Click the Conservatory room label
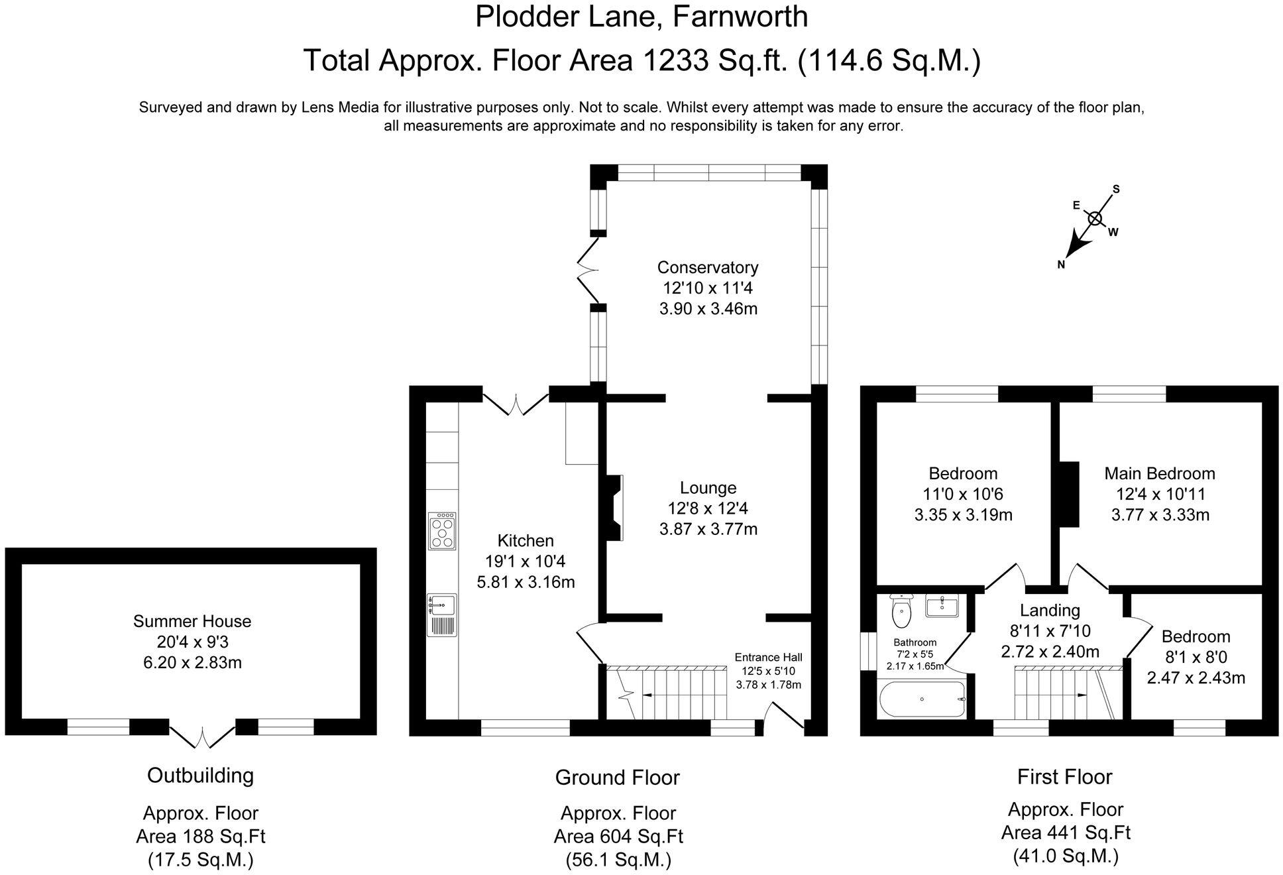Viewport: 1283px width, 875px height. [708, 267]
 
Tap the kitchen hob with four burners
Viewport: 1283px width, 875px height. [442, 531]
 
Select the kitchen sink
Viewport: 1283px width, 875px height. [442, 614]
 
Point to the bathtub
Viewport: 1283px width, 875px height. [922, 699]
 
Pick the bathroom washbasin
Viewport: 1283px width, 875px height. [942, 606]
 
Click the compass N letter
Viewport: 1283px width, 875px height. [1061, 264]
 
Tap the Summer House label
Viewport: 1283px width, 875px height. [192, 621]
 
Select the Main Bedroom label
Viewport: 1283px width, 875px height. [1160, 473]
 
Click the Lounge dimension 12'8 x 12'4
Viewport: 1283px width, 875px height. [708, 508]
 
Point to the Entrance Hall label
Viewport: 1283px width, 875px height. [768, 657]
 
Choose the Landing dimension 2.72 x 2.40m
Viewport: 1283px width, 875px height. [1050, 652]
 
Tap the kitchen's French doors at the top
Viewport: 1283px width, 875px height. [516, 404]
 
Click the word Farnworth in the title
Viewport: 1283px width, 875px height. [740, 17]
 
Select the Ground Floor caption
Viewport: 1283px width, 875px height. [617, 777]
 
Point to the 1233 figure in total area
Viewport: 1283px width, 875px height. [673, 61]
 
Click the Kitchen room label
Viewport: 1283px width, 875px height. [526, 540]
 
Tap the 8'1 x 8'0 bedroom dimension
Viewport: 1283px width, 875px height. [1196, 657]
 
